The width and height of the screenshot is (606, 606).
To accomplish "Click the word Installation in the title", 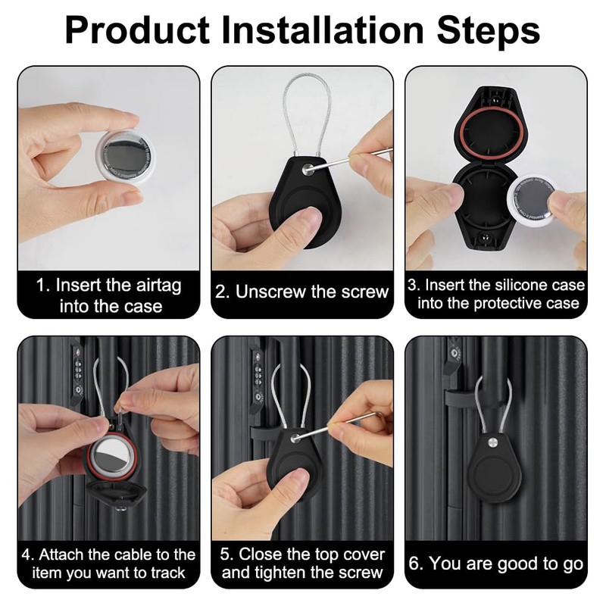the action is [323, 30].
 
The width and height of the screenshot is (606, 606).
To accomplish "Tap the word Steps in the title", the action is [489, 32].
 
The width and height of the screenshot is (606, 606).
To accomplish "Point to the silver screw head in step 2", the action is [308, 169].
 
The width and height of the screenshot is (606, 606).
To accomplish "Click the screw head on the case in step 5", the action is [296, 438].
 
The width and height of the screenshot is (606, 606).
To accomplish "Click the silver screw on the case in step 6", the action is [493, 442].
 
